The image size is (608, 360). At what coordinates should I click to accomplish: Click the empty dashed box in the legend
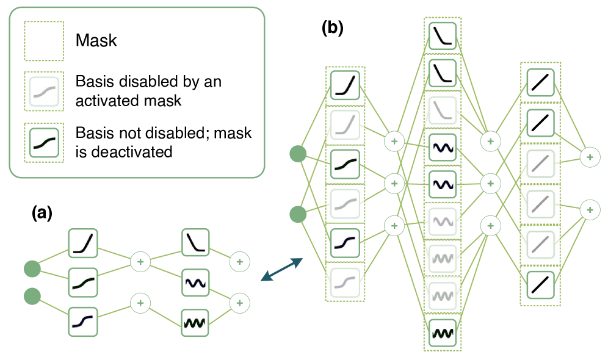pyautogui.click(x=44, y=41)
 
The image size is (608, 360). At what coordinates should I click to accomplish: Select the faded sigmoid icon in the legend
pyautogui.click(x=44, y=92)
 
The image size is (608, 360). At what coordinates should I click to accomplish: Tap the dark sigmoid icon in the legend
pyautogui.click(x=44, y=143)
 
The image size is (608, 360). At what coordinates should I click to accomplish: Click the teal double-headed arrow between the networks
pyautogui.click(x=281, y=270)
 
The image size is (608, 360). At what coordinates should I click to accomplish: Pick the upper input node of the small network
pyautogui.click(x=32, y=268)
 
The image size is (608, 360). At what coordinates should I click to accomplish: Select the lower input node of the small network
pyautogui.click(x=32, y=297)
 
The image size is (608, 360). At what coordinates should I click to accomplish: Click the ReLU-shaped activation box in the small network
pyautogui.click(x=83, y=243)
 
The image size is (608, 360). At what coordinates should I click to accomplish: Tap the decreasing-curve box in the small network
pyautogui.click(x=195, y=243)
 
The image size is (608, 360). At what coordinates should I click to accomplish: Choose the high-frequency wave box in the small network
pyautogui.click(x=195, y=323)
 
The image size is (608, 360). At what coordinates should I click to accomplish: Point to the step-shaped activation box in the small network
pyautogui.click(x=83, y=322)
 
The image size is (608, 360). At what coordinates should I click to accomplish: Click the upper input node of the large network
pyautogui.click(x=298, y=154)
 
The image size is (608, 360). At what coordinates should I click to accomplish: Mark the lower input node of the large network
pyautogui.click(x=298, y=214)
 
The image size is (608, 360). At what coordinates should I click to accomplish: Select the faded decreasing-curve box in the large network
pyautogui.click(x=443, y=111)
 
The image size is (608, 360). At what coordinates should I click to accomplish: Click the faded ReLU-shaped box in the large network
pyautogui.click(x=345, y=125)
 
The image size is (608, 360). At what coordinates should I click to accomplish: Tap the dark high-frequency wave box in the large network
pyautogui.click(x=443, y=333)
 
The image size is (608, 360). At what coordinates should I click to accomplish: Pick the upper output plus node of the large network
pyautogui.click(x=589, y=157)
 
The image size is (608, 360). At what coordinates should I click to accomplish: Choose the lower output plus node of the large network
pyautogui.click(x=589, y=210)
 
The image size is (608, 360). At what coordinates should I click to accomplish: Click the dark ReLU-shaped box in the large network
pyautogui.click(x=345, y=85)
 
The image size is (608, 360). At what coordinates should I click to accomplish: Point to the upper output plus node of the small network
pyautogui.click(x=239, y=262)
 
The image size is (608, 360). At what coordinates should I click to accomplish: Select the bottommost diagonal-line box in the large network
pyautogui.click(x=540, y=285)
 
